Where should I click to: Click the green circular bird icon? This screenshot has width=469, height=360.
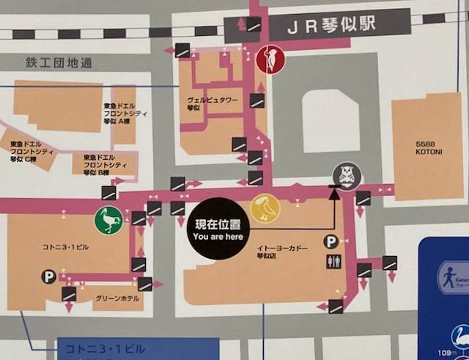point(108,221)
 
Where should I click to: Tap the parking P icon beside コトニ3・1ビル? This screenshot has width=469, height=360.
point(48,277)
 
